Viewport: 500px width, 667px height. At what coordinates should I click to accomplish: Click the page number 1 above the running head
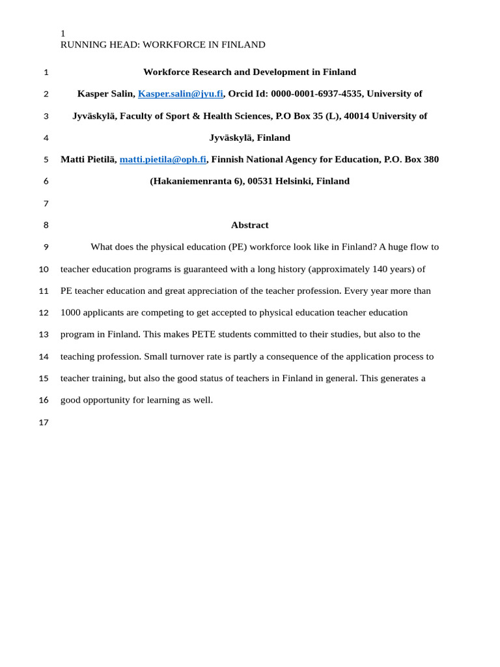point(63,33)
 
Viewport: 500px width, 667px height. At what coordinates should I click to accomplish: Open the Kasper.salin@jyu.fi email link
point(180,94)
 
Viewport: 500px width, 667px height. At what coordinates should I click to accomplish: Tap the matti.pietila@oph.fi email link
point(163,160)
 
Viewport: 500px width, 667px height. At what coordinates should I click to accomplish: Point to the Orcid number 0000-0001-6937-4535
point(316,94)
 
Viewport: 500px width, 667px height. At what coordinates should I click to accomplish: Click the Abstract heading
point(249,225)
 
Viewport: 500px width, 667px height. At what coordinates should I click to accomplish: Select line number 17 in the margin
point(44,423)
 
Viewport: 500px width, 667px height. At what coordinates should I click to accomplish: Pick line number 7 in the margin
point(46,204)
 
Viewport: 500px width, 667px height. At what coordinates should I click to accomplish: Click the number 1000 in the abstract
point(71,313)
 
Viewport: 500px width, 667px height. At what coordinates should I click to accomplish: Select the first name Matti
point(73,160)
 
